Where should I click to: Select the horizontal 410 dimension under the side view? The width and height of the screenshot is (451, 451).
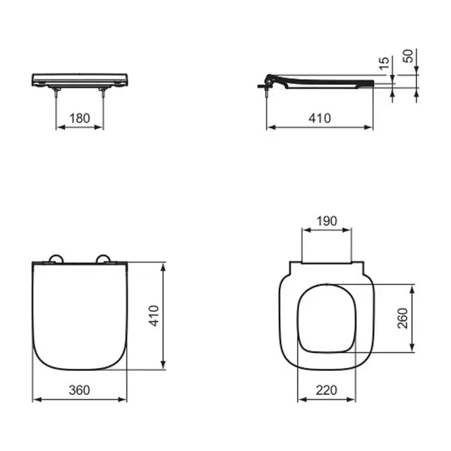pos(319,118)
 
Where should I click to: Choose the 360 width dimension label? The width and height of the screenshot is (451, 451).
pos(81,390)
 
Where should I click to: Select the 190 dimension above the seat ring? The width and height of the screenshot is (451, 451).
pos(327,221)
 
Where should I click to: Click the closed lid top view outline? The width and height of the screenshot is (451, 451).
pos(81,318)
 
